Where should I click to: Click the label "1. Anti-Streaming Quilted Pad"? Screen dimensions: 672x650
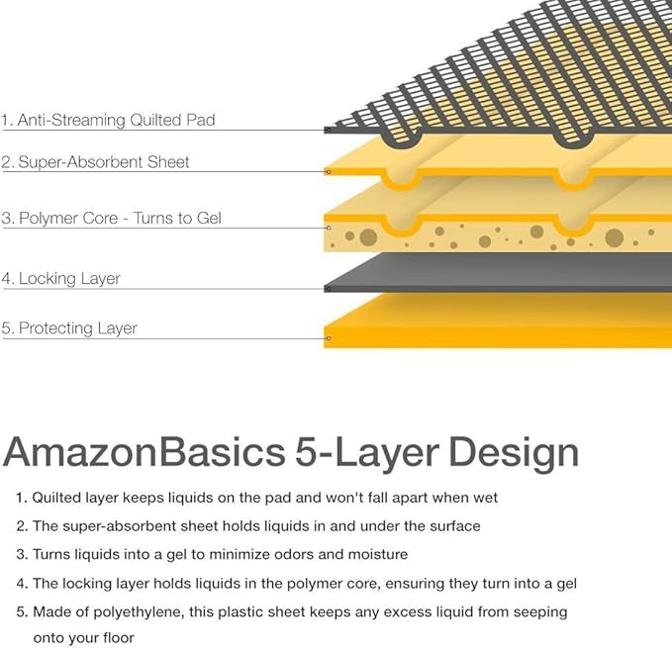coord(108,120)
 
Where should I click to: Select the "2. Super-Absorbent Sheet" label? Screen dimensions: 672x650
coord(95,162)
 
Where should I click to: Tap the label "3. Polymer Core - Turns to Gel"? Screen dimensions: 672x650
coord(112,218)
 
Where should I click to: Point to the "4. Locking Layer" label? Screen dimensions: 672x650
coord(60,279)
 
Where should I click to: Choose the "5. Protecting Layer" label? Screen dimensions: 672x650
coord(69,328)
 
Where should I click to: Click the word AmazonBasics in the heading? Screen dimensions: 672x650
coord(144,452)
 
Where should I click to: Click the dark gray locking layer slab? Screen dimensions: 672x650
coord(498,272)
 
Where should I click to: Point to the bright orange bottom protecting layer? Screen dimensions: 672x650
coord(498,322)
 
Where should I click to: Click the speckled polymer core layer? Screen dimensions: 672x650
coord(498,235)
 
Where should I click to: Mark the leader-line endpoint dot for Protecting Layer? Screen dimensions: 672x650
coord(329,338)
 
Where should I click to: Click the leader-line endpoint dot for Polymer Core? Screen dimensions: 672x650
coord(329,228)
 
